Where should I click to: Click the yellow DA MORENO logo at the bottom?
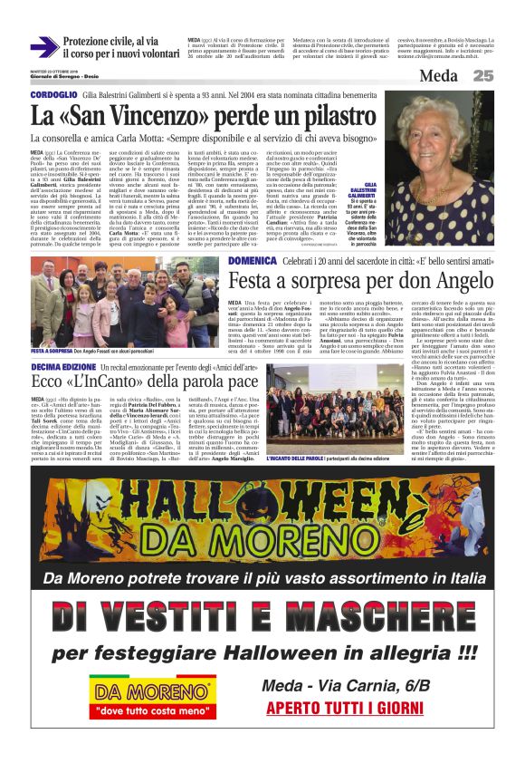[157, 692]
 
